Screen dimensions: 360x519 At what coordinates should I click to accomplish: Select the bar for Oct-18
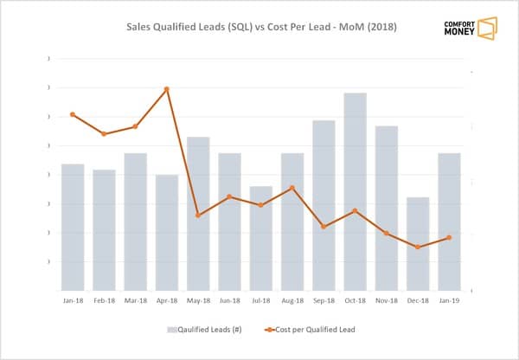[355, 191]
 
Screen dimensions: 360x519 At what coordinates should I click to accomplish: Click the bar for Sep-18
[324, 205]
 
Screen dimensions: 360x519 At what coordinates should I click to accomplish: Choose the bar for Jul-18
[260, 238]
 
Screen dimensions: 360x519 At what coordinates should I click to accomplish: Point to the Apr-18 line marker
[166, 89]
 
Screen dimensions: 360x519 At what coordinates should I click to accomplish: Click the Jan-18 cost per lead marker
[73, 114]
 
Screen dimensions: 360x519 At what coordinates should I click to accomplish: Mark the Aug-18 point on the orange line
[292, 188]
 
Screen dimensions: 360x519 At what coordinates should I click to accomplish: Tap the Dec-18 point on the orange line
[418, 247]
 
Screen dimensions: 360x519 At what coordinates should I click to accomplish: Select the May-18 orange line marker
[198, 215]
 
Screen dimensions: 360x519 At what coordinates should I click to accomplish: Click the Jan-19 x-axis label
[449, 301]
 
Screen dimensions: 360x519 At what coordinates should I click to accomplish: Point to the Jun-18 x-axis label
[229, 301]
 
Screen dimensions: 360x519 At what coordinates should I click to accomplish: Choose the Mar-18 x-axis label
[135, 301]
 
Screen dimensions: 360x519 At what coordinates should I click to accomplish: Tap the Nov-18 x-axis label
[387, 301]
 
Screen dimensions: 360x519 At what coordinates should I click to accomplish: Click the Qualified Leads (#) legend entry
[206, 330]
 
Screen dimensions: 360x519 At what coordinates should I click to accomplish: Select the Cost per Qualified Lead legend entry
[310, 330]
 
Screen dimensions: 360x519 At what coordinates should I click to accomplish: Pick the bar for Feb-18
[104, 230]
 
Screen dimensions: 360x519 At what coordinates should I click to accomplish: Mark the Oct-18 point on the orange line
[355, 210]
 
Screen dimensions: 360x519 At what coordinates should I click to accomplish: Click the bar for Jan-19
[449, 222]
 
